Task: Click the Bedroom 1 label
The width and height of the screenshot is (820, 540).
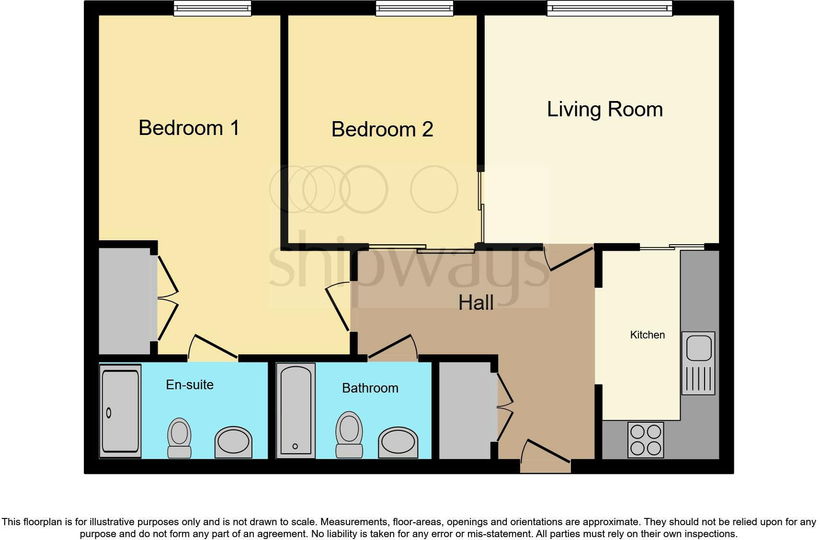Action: [x=189, y=128]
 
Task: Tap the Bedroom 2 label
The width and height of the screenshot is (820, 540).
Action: [x=382, y=129]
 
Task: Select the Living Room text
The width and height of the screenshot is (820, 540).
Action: [x=605, y=109]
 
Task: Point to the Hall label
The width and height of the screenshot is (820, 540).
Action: [x=476, y=303]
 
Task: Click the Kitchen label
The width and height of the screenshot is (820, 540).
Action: [x=647, y=335]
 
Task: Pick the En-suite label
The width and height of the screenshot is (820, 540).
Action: [x=190, y=384]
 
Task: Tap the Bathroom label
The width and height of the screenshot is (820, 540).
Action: [x=370, y=388]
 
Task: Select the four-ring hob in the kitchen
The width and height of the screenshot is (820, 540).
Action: [x=645, y=440]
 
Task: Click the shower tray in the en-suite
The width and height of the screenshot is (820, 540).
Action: [x=120, y=411]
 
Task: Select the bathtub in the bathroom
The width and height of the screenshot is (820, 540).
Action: [x=296, y=410]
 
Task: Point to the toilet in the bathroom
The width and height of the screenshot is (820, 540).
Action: [x=349, y=434]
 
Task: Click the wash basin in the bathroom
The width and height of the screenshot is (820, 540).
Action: [x=398, y=442]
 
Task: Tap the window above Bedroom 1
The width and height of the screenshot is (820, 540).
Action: [x=212, y=8]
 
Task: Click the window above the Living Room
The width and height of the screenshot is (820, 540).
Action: [x=609, y=8]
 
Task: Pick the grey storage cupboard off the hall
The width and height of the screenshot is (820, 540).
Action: [x=465, y=410]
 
